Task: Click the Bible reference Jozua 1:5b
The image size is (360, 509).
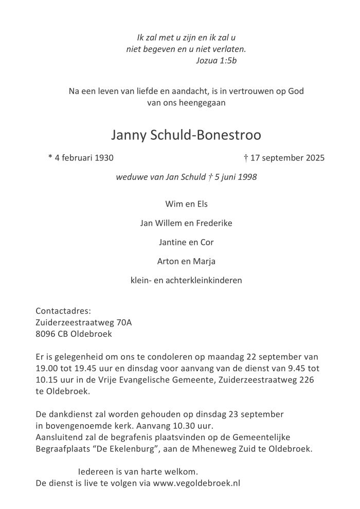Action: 217,60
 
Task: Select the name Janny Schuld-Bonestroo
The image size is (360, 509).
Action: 186,135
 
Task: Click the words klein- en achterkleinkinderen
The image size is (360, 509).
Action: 186,281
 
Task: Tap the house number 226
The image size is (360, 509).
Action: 320,379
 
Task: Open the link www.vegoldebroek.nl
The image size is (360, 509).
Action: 196,483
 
